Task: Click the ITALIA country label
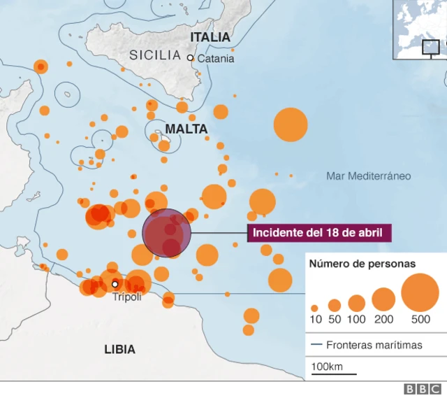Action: [210, 36]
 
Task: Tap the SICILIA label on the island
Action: [154, 55]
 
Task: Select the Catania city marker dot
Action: [190, 58]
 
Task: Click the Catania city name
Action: [216, 59]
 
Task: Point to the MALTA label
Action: [186, 129]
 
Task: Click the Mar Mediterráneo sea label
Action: [368, 176]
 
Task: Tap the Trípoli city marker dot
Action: [115, 284]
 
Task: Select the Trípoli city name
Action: [126, 297]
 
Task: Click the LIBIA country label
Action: [119, 349]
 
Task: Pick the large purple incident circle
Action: [167, 233]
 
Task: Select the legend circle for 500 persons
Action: [420, 292]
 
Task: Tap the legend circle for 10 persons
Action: [314, 308]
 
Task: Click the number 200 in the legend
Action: [383, 320]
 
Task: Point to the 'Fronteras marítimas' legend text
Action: [374, 346]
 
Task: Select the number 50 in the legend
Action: [335, 320]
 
